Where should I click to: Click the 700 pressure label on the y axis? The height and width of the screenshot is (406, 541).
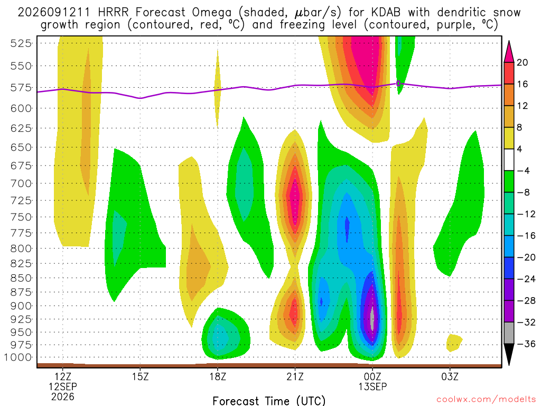click(21, 183)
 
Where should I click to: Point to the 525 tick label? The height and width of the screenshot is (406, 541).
click(21, 43)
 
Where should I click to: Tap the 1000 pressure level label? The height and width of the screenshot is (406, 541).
click(18, 357)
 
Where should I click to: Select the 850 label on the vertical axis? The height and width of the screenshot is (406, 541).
click(21, 278)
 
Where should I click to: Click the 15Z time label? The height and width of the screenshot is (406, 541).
click(140, 376)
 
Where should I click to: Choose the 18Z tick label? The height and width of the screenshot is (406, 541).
click(218, 376)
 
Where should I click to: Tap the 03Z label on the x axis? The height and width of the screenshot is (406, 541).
click(450, 376)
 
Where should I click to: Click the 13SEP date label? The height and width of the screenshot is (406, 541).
click(372, 386)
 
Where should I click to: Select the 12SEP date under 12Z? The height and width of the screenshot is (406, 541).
click(63, 386)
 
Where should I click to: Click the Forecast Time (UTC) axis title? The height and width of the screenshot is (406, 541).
click(269, 401)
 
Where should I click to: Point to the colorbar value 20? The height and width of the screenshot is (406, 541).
click(523, 62)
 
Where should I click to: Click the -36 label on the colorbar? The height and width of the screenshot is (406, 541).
click(526, 344)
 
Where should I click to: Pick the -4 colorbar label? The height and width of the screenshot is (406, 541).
click(523, 171)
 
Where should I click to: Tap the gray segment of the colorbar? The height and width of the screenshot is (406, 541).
click(509, 333)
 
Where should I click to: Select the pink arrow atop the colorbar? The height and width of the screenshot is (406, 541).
click(509, 52)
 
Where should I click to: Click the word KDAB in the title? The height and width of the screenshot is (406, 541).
click(386, 13)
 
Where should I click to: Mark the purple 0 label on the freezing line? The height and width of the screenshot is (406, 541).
click(398, 84)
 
